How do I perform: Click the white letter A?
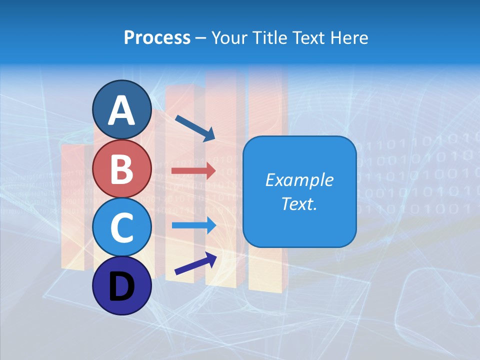(122, 111)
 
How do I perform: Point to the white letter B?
(122, 169)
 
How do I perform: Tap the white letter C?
(122, 227)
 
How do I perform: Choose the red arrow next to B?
(193, 171)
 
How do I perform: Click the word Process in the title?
(157, 37)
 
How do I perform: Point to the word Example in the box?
(299, 180)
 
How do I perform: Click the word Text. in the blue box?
(299, 203)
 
